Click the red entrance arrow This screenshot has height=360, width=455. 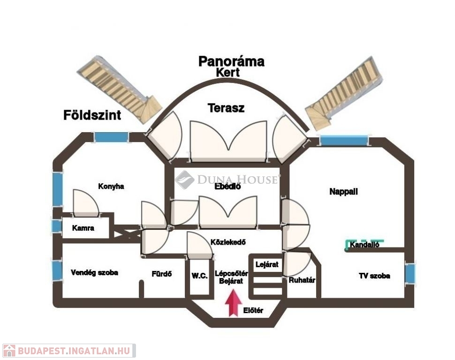point(232,303)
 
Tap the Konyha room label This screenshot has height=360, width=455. point(111,186)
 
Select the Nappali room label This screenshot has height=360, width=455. point(343,191)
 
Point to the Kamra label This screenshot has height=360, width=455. point(83,228)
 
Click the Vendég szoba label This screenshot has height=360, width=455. point(94,272)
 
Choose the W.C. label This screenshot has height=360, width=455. point(199,276)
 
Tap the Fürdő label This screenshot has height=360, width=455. point(161,274)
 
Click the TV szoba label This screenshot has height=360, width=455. point(374,276)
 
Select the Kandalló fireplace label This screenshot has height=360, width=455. point(364,245)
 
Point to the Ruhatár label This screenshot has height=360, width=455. point(302,280)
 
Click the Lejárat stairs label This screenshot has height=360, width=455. point(266,264)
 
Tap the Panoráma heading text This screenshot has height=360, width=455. point(231,61)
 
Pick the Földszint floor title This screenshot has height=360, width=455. point(92,115)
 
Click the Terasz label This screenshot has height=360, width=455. point(226,108)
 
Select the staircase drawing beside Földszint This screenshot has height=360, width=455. point(120,89)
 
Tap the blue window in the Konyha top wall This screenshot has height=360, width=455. point(111,137)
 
